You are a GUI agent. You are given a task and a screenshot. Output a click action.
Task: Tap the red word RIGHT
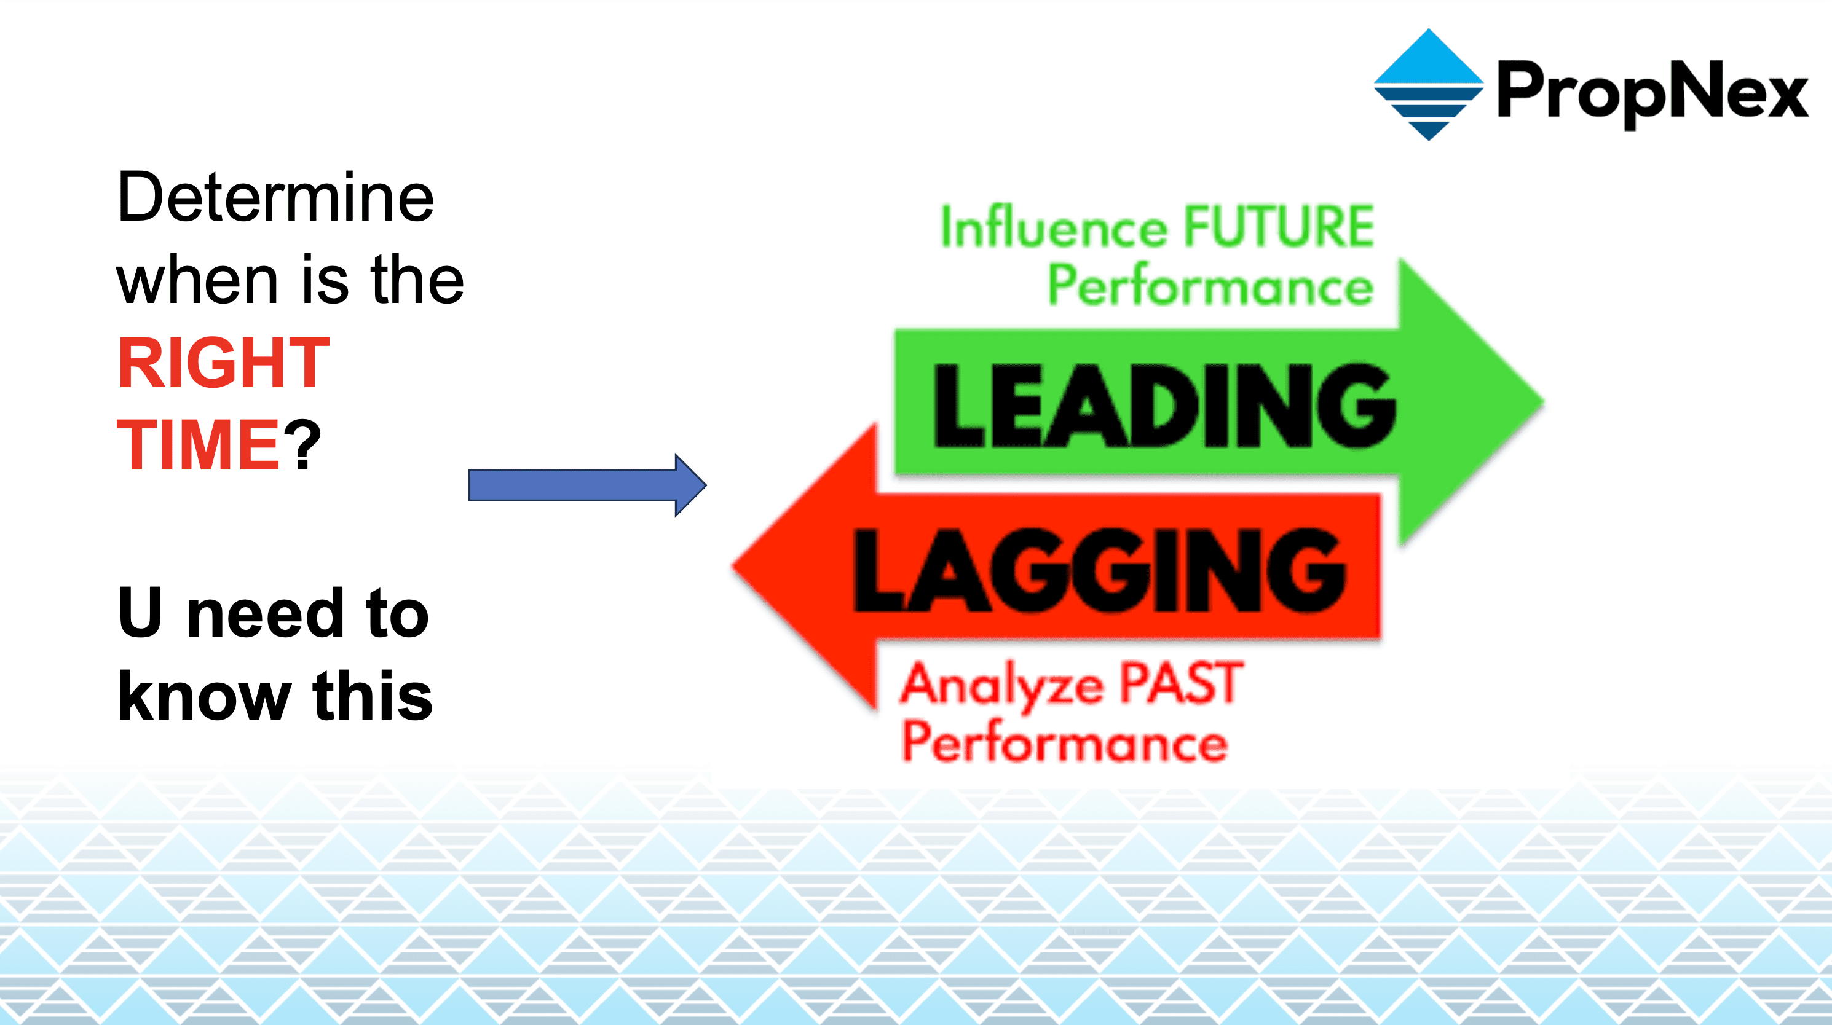coord(224,363)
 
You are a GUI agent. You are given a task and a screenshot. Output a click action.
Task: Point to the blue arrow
coord(588,485)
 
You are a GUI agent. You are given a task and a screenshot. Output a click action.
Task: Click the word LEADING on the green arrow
coord(1164,405)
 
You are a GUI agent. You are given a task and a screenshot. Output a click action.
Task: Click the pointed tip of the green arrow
coord(1543,403)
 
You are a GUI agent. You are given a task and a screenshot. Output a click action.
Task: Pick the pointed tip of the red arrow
coord(733,567)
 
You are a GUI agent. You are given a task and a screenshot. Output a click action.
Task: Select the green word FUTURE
coord(1279,227)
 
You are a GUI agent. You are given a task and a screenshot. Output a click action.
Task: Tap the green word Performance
coord(1210,286)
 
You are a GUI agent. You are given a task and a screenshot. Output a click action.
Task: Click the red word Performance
coord(1065,741)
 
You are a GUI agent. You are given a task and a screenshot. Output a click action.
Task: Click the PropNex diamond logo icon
coord(1429,85)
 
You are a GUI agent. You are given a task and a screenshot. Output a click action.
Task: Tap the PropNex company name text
coord(1652,92)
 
